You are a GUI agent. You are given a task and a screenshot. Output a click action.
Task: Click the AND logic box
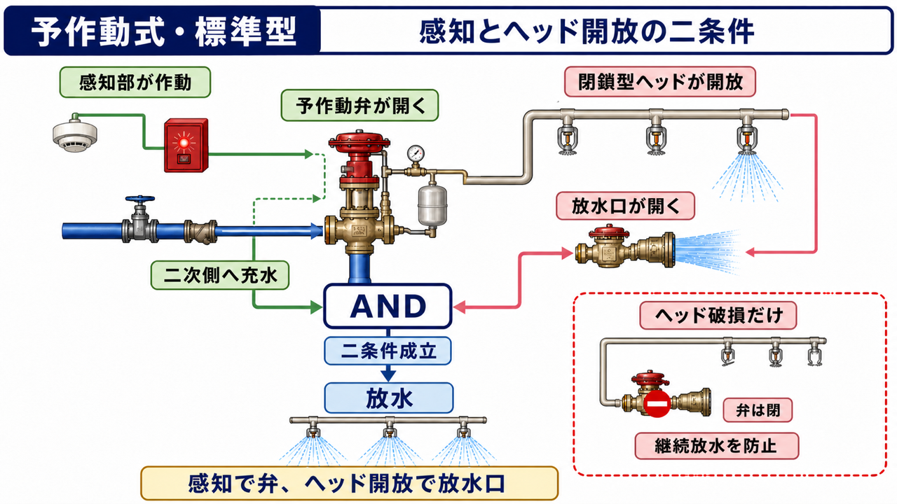pos(388,306)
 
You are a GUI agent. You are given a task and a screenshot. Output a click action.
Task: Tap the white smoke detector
pos(75,133)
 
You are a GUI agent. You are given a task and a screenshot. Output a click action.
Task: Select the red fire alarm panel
pos(186,145)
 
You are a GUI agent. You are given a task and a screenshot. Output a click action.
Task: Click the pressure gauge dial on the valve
pos(416,153)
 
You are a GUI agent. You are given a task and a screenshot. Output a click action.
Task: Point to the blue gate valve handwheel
pos(139,199)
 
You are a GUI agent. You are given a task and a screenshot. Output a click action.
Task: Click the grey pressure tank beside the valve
pos(432,205)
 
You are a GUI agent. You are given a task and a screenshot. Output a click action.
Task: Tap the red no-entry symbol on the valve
pos(657,404)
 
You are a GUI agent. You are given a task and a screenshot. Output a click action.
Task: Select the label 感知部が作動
pos(135,83)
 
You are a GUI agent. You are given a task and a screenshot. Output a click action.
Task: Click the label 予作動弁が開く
pos(360,106)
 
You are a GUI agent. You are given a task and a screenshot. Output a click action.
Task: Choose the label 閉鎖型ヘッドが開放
pos(660,82)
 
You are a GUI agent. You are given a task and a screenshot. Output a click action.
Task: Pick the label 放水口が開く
pos(625,206)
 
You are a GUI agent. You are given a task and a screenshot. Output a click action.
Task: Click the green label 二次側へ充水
pos(220,275)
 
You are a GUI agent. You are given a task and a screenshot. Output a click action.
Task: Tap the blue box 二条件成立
pos(388,351)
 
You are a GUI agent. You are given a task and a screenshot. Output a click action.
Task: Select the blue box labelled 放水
pos(388,398)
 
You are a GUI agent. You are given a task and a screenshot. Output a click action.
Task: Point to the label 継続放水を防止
pos(716,446)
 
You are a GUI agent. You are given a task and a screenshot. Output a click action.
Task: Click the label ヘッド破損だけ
pos(718,316)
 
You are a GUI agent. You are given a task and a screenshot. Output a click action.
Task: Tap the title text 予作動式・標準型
pos(163,31)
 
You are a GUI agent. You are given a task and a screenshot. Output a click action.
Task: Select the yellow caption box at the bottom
pos(349,483)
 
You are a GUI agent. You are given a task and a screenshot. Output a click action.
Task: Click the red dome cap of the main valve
pos(360,139)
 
